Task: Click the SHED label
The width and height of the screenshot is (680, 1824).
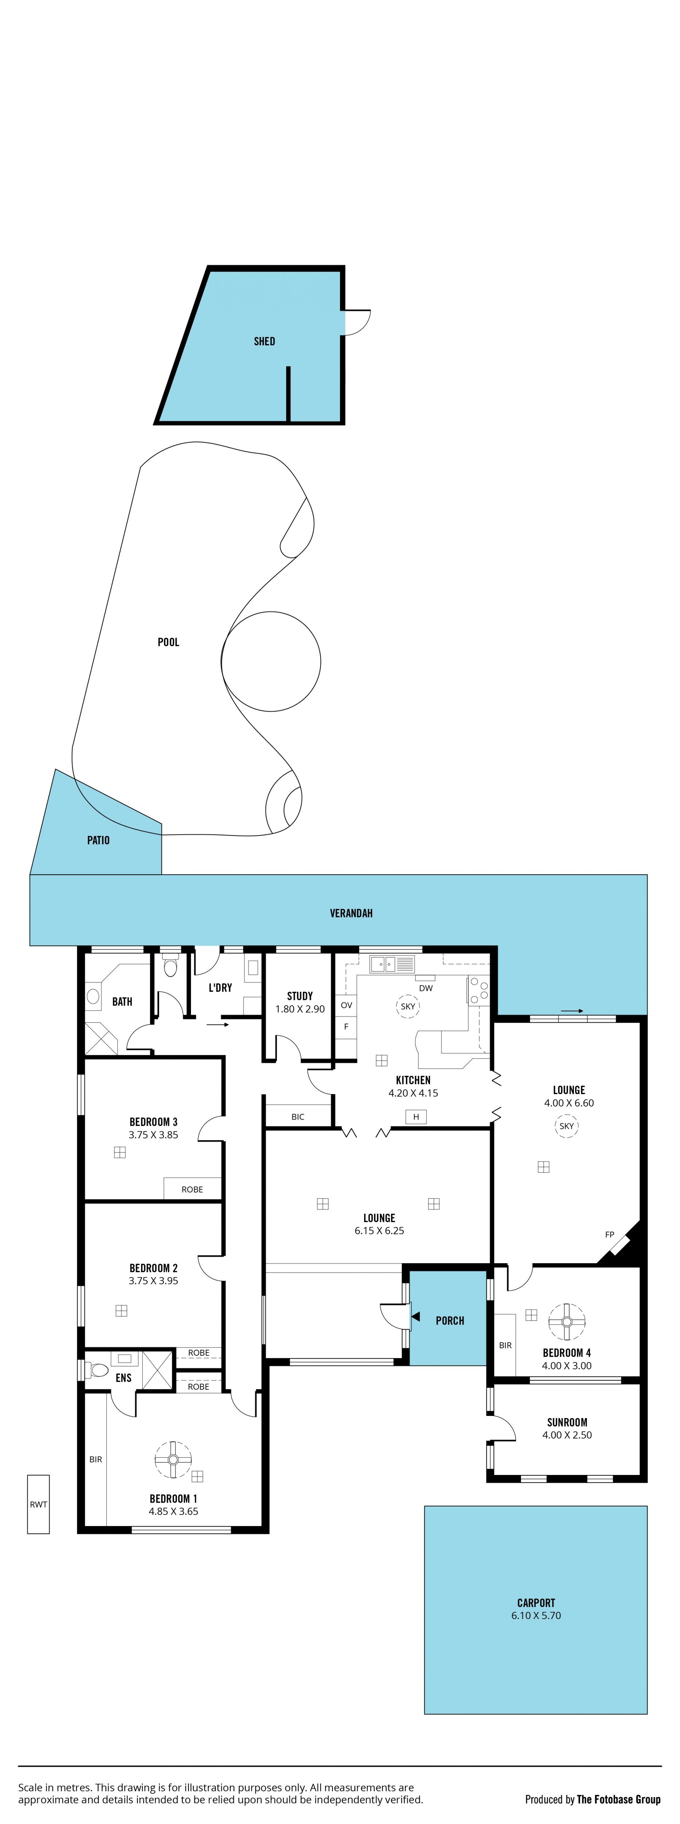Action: pyautogui.click(x=264, y=341)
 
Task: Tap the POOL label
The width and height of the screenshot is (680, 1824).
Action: pyautogui.click(x=169, y=642)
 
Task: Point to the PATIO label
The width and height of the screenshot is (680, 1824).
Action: pyautogui.click(x=98, y=840)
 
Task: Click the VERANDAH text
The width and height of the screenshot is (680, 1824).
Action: pyautogui.click(x=351, y=914)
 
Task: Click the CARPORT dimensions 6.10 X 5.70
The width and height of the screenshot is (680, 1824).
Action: pyautogui.click(x=536, y=1616)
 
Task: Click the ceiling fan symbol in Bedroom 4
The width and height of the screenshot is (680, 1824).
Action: pyautogui.click(x=567, y=1322)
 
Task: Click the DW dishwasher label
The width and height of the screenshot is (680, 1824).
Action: pyautogui.click(x=426, y=989)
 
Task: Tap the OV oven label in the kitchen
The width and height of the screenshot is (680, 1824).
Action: pyautogui.click(x=346, y=1006)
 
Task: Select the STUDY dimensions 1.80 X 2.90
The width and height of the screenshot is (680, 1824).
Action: pyautogui.click(x=300, y=1009)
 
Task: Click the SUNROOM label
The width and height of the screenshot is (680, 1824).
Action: pyautogui.click(x=567, y=1423)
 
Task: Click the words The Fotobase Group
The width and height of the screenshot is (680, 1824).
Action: pyautogui.click(x=619, y=1799)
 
